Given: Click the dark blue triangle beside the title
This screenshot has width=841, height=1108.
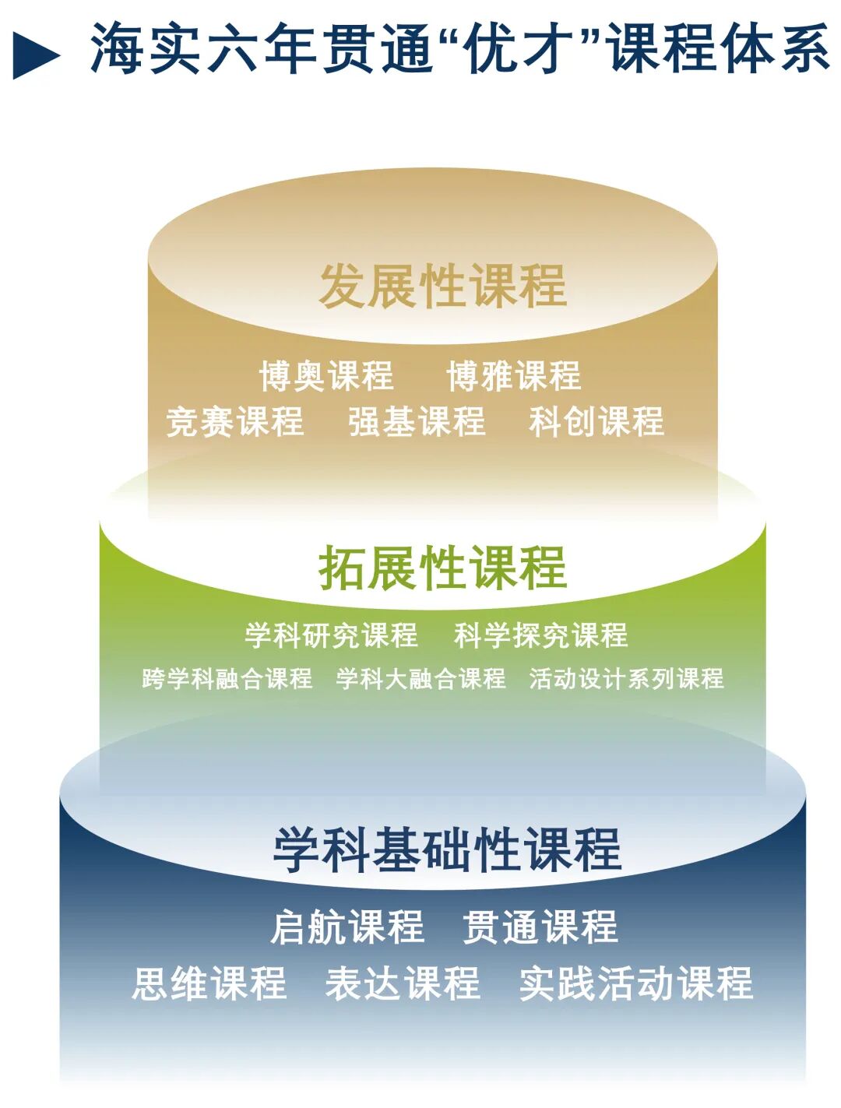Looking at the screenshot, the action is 34,55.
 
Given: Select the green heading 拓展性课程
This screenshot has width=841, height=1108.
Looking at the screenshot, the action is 442,568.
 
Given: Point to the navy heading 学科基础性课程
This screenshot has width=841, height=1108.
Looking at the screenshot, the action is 447,849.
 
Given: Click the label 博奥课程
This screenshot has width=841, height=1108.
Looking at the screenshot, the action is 326,376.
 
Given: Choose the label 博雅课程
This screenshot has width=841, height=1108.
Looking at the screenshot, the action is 514,376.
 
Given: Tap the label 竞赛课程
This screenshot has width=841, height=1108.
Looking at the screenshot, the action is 235,421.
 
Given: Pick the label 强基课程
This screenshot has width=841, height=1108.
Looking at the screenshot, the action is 417,421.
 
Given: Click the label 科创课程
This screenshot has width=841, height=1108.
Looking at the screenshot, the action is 596,421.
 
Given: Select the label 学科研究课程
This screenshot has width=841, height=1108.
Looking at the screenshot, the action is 331,635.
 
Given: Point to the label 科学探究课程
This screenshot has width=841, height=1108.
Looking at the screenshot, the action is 540,635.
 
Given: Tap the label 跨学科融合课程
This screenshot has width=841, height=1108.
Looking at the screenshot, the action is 227,678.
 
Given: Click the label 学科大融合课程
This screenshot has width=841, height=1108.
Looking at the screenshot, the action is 421,678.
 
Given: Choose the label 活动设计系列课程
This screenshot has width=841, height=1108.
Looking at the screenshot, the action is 626,678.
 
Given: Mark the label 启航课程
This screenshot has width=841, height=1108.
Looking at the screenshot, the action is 347,927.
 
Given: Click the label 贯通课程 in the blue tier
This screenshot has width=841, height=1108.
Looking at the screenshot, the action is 540,927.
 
